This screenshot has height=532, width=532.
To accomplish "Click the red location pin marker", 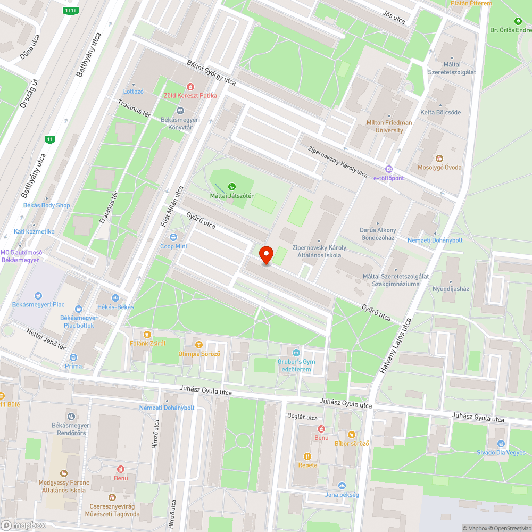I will [x=265, y=255].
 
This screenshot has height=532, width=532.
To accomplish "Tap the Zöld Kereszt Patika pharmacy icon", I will [x=189, y=87].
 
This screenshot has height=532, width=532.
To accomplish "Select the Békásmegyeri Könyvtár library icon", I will [x=180, y=111].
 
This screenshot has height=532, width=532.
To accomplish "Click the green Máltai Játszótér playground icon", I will [x=231, y=187].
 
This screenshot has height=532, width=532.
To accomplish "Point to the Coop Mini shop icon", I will [x=173, y=237].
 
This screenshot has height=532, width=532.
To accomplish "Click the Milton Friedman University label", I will [x=389, y=126].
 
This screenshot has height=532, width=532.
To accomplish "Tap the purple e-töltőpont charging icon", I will [x=389, y=169].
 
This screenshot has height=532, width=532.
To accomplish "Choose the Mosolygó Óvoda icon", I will [x=439, y=159].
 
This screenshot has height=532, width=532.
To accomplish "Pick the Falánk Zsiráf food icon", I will [x=147, y=335].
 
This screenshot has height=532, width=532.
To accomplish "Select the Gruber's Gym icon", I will [x=296, y=353].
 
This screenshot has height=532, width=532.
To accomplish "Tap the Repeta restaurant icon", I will [x=307, y=456].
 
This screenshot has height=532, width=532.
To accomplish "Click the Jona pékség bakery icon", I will [x=342, y=486].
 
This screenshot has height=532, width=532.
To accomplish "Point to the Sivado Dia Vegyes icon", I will [x=500, y=444].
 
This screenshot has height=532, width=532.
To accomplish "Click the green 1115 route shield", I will [x=70, y=11].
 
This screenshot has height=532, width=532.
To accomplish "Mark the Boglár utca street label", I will [x=302, y=417].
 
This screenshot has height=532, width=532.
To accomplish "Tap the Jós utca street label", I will [x=394, y=17].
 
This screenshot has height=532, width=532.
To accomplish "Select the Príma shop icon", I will [x=73, y=358].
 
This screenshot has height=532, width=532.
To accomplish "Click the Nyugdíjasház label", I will [x=451, y=289].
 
